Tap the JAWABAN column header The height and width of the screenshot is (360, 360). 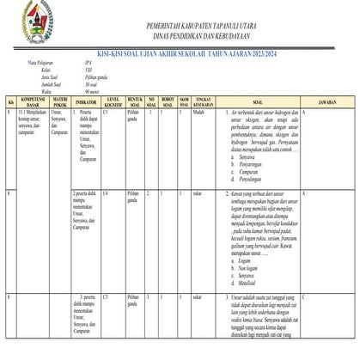(x=326, y=101)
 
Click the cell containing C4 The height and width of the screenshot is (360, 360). (x=105, y=194)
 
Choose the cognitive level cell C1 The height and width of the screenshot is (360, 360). (x=105, y=113)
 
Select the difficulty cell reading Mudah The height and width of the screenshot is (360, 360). (x=198, y=113)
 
